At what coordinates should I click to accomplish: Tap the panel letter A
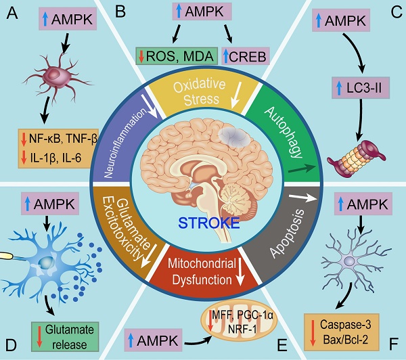(x=12, y=14)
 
